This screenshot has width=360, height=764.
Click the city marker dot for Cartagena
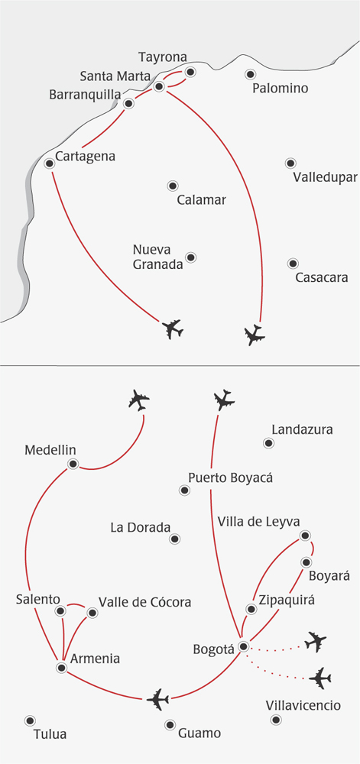click(49, 163)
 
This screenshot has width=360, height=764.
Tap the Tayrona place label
click(163, 57)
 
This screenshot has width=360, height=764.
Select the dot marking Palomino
click(251, 74)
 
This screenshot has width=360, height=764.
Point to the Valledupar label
click(326, 177)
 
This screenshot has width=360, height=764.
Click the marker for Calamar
click(173, 186)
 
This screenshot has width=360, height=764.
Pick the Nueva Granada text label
click(152, 257)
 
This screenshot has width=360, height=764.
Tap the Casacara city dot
click(293, 264)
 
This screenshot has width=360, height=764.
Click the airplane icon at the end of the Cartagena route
click(172, 329)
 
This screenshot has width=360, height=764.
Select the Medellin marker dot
click(73, 464)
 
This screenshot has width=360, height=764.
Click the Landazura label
click(302, 429)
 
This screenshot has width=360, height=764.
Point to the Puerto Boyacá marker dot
click(184, 490)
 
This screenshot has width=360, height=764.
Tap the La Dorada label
click(141, 527)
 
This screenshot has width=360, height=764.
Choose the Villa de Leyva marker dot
click(305, 536)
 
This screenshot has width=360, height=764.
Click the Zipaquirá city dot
click(251, 609)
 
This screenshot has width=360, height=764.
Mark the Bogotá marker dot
click(244, 646)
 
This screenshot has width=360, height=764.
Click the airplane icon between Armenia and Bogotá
click(158, 700)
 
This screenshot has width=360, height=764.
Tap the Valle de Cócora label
click(145, 602)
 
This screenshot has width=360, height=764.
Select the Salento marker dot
click(60, 610)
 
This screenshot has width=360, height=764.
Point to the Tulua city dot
click(30, 720)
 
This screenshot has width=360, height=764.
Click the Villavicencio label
click(303, 705)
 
